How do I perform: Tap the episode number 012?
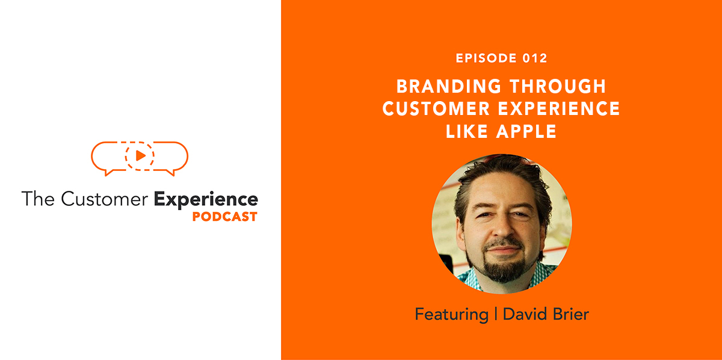(535, 58)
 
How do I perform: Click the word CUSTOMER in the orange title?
(434, 108)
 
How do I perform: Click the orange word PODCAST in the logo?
(224, 217)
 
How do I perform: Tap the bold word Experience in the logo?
(206, 199)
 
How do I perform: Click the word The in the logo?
(38, 199)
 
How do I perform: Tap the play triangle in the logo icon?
(140, 156)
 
